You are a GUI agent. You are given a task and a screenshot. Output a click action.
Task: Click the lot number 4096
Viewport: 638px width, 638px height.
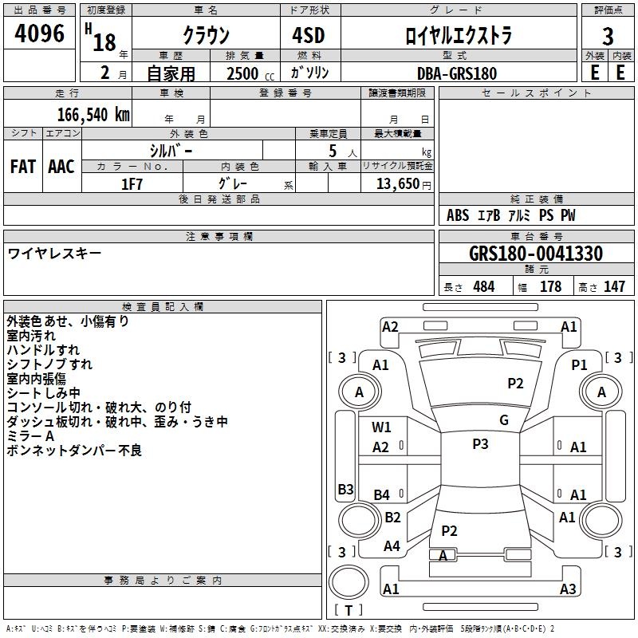(39, 33)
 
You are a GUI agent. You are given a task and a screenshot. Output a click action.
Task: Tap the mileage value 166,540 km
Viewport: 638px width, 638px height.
(93, 115)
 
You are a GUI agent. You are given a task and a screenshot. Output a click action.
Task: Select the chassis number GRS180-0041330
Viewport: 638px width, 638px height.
(536, 254)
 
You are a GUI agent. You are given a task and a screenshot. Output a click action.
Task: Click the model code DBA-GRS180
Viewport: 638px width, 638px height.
(457, 73)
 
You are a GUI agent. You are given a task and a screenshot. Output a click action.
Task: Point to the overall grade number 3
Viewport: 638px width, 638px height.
(608, 36)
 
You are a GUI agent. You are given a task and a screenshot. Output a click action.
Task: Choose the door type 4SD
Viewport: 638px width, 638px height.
(309, 35)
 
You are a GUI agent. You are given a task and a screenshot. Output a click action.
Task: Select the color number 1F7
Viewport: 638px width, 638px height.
(132, 184)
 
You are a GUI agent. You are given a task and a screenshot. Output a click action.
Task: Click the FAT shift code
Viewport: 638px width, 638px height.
(23, 167)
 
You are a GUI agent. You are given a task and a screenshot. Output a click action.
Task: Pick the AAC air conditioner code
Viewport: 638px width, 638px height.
(61, 167)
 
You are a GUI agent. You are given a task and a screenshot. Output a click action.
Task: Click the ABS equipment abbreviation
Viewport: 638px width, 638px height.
(458, 215)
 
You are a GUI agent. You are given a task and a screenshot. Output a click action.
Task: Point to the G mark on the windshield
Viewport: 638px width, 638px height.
(504, 420)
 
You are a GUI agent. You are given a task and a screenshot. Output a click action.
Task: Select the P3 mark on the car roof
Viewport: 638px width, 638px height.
(480, 444)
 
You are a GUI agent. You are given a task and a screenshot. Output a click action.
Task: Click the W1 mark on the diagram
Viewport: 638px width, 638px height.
(381, 427)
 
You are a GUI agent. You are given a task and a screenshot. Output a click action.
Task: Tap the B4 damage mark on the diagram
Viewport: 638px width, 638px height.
(382, 495)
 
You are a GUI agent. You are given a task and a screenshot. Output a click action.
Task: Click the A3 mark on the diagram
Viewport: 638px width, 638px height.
(568, 589)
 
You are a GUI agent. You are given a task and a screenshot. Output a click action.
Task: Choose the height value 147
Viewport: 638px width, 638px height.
(614, 286)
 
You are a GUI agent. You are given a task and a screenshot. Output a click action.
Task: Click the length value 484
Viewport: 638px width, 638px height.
(484, 286)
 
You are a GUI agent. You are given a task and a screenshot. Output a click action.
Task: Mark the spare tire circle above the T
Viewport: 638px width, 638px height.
(349, 582)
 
